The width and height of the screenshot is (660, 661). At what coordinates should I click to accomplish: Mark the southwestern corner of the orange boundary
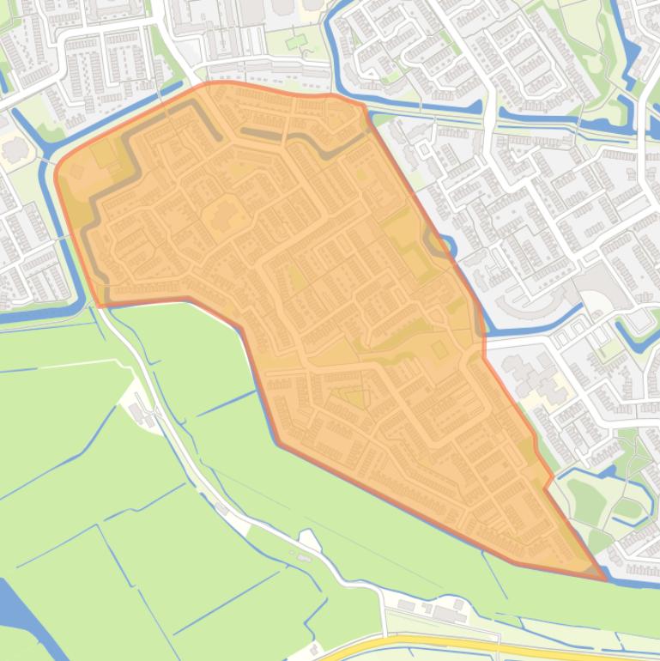coord(101,304)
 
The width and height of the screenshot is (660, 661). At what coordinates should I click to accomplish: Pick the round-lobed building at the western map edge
coord(15,149)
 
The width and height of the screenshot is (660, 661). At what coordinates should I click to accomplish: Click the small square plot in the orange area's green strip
coord(439,349)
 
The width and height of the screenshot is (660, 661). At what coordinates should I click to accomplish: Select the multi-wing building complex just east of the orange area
coord(536,378)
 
